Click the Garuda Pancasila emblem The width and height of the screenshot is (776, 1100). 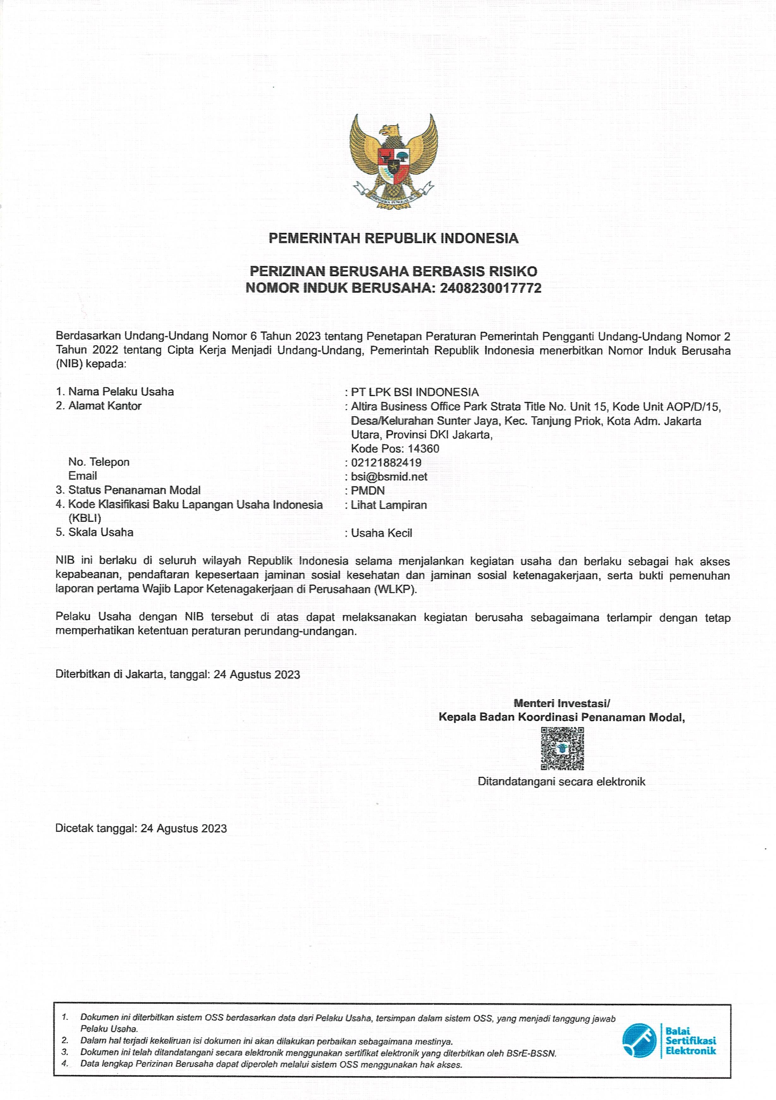[x=393, y=161]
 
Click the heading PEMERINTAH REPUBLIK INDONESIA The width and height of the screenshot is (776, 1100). [x=393, y=238]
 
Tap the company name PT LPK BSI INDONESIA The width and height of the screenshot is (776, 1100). [x=415, y=392]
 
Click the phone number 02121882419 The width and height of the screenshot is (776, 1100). [x=386, y=462]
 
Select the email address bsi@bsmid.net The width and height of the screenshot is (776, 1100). [x=389, y=476]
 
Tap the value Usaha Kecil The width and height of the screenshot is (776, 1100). [x=382, y=533]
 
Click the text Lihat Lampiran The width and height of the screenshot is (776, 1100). [x=389, y=505]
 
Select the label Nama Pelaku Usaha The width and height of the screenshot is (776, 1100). [x=121, y=392]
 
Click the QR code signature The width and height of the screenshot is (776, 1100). [x=562, y=748]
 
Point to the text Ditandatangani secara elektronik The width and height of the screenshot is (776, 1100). [x=561, y=781]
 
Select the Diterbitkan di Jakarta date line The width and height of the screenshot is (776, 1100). [x=177, y=675]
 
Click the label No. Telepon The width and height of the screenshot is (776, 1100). [x=99, y=462]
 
